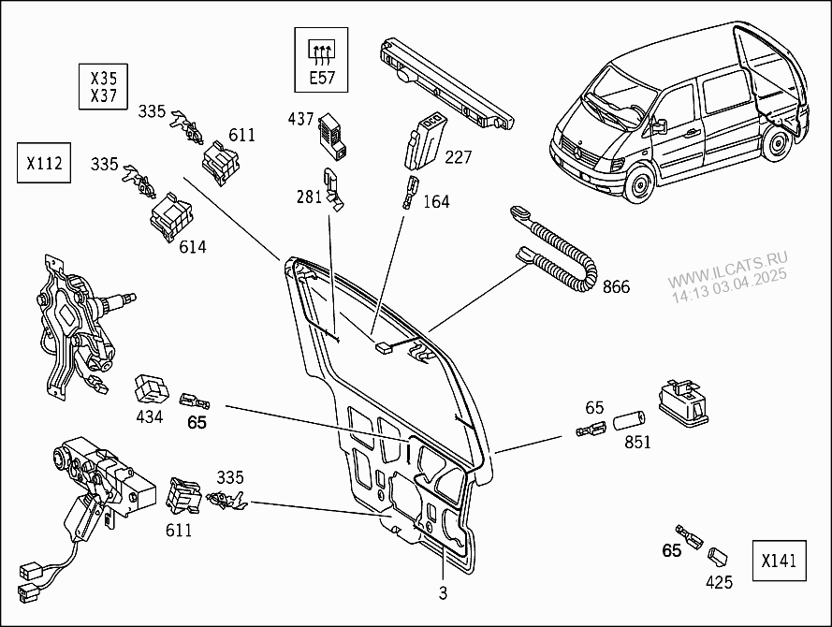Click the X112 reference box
tap(44, 163)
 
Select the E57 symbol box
tap(322, 60)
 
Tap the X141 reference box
tap(779, 561)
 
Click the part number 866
tap(616, 287)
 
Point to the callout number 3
tap(443, 592)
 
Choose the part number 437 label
tap(300, 119)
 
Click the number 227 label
tap(458, 157)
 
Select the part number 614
tap(193, 247)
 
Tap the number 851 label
tap(637, 442)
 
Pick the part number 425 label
tap(719, 582)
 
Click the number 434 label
tap(149, 416)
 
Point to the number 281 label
tap(310, 197)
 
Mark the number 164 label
tap(436, 201)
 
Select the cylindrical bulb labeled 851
tap(628, 419)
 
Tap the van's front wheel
tap(640, 183)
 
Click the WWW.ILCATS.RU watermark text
tap(727, 270)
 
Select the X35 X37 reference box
tap(104, 87)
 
